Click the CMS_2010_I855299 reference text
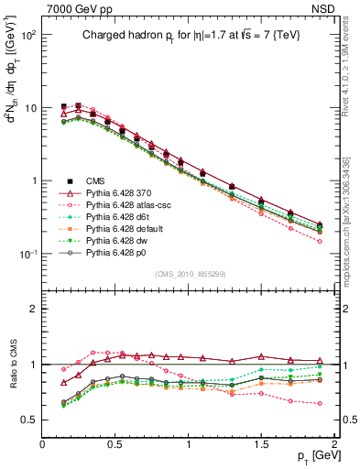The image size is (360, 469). pyautogui.click(x=191, y=275)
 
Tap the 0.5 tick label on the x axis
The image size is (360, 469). pyautogui.click(x=115, y=445)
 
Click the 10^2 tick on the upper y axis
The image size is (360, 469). pyautogui.click(x=27, y=35)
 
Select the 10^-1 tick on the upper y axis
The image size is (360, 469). pyautogui.click(x=27, y=255)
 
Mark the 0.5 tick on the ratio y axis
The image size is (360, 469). pyautogui.click(x=29, y=420)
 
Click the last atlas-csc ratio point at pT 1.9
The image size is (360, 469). pyautogui.click(x=320, y=403)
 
